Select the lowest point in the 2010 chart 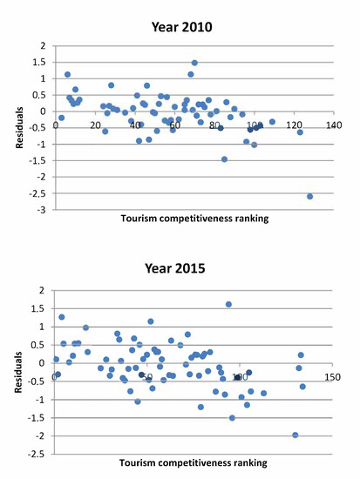(x=309, y=196)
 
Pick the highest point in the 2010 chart (x=194, y=63)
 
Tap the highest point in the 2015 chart (x=228, y=304)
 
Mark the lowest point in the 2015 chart (x=295, y=435)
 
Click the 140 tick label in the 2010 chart (x=333, y=125)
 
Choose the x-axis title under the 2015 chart (x=193, y=462)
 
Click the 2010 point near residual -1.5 (x=224, y=159)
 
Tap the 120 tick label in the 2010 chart (x=294, y=125)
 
